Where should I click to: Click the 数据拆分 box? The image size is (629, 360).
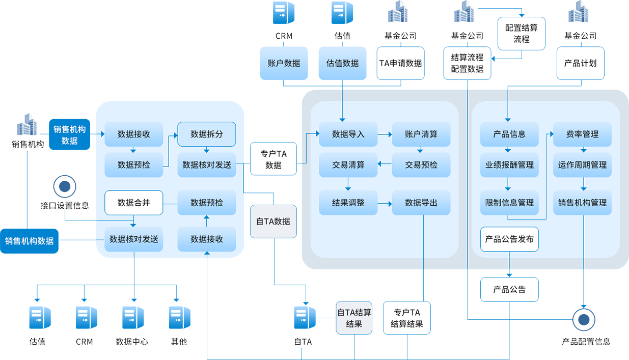pos(206,134)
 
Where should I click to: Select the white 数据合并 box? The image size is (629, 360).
pos(133,203)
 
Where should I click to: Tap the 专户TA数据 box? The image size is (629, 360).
pos(274,159)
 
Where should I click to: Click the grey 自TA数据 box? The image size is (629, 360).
pos(273,221)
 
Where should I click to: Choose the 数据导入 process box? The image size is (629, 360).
pos(348,134)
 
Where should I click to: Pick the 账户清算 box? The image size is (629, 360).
pos(421,134)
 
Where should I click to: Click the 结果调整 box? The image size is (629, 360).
pos(348,203)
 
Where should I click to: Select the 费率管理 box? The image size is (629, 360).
pos(582,134)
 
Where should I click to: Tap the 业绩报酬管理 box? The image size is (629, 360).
pos(509,165)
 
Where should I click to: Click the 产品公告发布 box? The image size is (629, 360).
pos(509,239)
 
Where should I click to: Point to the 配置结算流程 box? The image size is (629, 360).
pos(521,33)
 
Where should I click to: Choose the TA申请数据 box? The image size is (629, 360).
pos(400,63)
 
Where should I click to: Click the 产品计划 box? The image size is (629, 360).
pos(580,63)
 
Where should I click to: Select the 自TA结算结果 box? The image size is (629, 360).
pos(354,318)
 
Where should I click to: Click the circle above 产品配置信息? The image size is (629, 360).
pos(584,320)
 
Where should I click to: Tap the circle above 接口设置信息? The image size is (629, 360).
pos(65,186)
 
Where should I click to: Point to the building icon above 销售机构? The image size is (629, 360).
pos(27,125)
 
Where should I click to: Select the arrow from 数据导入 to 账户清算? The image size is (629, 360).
pos(385,135)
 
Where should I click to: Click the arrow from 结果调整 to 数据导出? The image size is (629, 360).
pos(385,203)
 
